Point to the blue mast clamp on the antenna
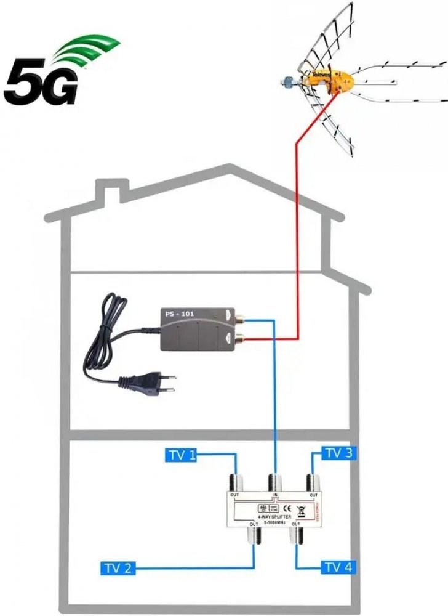point(287,80)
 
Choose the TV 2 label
point(118,567)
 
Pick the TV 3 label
point(339,453)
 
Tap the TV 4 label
point(339,567)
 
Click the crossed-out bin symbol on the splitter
point(302,509)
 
